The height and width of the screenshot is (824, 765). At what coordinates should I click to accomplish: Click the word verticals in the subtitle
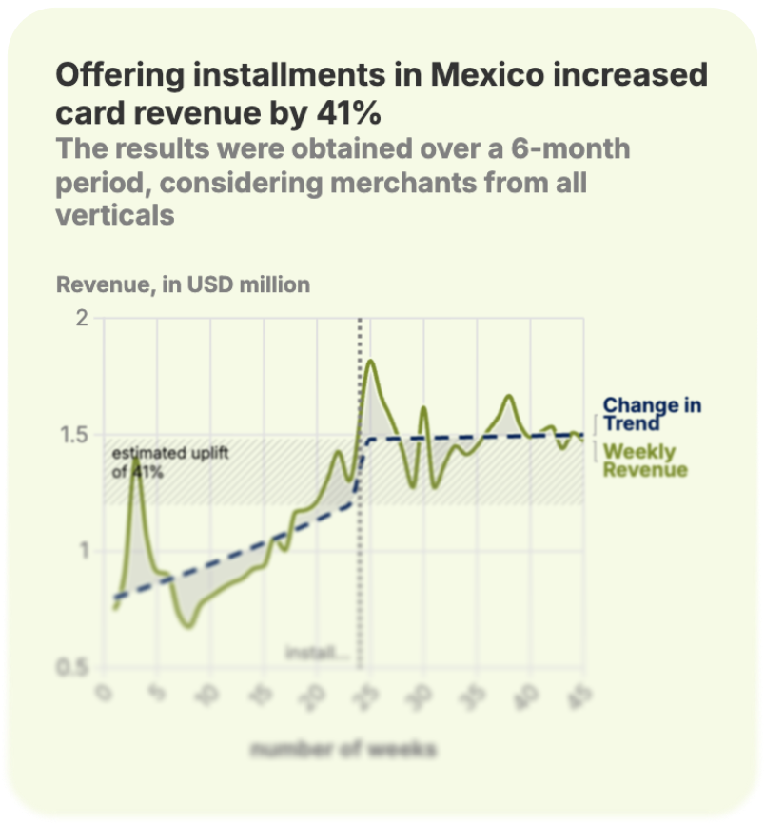[x=115, y=215]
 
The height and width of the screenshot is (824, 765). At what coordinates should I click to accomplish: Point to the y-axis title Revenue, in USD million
[x=183, y=284]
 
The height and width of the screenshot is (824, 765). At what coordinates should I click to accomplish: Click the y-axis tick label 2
[x=81, y=318]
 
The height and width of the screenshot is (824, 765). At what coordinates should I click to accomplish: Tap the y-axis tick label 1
[x=83, y=551]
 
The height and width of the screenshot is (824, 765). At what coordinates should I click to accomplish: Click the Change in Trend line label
[x=652, y=414]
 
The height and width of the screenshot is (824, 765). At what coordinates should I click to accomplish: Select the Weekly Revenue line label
[x=645, y=460]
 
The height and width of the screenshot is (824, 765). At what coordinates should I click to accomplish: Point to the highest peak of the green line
[x=371, y=362]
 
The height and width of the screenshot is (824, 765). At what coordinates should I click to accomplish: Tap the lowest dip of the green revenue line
[x=188, y=625]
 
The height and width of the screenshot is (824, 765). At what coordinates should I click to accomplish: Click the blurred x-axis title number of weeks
[x=343, y=750]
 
